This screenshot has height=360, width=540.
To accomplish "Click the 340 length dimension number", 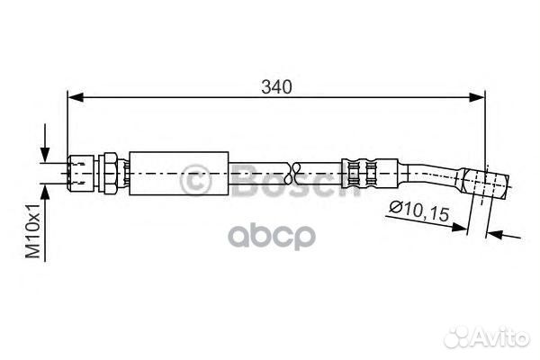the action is point(276,86).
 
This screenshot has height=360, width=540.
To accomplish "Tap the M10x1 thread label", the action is point(33,230).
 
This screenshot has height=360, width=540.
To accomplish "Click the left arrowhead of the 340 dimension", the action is point(76,97).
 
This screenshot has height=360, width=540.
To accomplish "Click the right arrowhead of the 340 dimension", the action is point(477,97).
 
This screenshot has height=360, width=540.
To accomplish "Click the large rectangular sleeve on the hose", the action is point(179,174).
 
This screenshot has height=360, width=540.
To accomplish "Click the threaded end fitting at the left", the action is point(81,173).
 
